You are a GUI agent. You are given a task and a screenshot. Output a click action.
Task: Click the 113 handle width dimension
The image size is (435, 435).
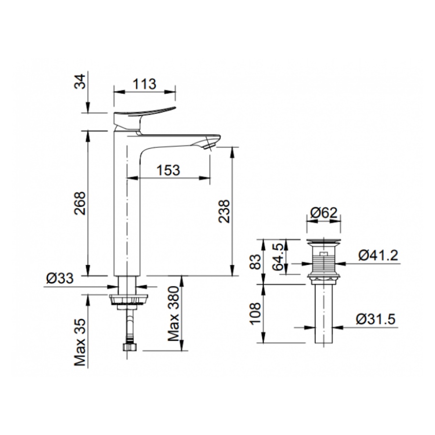[144, 84]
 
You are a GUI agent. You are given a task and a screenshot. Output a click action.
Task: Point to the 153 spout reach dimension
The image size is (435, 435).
[168, 170]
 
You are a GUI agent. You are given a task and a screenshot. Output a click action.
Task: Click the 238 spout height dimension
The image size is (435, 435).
[224, 211]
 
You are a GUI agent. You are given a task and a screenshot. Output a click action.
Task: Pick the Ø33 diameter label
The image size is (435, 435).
[60, 278]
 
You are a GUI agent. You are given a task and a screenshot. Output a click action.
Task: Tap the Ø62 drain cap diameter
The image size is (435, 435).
[323, 213]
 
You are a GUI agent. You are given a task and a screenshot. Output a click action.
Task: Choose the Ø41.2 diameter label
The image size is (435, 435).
[378, 255]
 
